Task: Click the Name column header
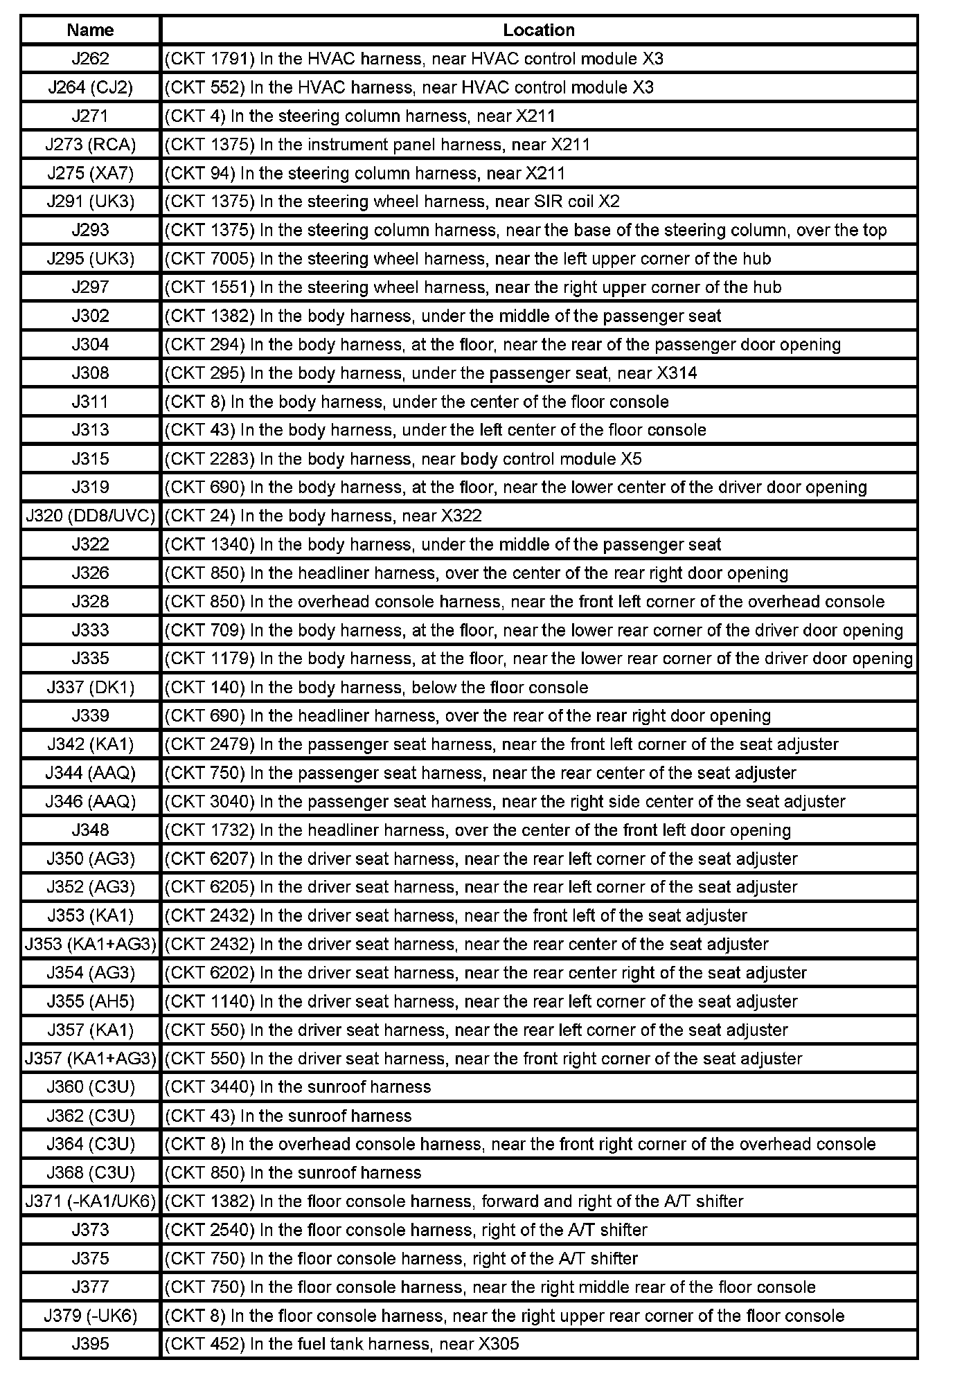(91, 30)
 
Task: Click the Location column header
(538, 30)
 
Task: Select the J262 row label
(91, 59)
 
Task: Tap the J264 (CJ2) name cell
(91, 87)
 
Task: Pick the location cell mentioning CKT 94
(538, 173)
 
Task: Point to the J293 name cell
(91, 230)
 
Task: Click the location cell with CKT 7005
(538, 259)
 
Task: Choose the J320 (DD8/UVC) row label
(91, 516)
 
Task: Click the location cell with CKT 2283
(538, 458)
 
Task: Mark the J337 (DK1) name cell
(91, 688)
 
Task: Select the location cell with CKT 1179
(538, 659)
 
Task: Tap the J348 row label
(91, 830)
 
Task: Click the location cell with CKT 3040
(538, 801)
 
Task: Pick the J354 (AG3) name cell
(91, 973)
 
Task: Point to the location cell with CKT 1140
(538, 1001)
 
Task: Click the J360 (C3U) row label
(91, 1086)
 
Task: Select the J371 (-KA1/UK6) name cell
(91, 1201)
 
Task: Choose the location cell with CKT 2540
(538, 1230)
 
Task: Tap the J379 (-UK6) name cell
(91, 1316)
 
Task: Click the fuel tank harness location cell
(538, 1344)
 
